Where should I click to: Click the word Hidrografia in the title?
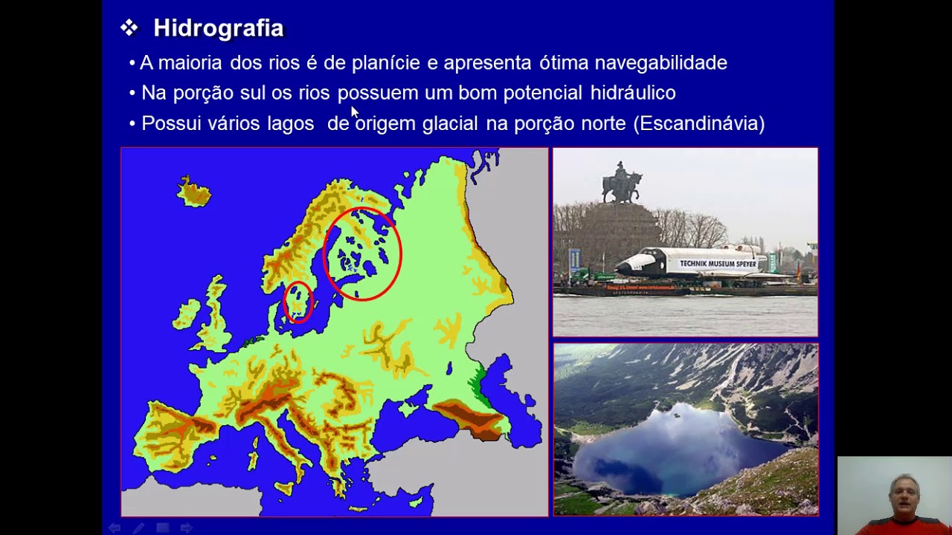coord(218,28)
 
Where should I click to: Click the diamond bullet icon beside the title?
coord(129,28)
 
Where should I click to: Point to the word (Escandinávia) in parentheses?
coord(698,123)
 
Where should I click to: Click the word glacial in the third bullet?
coord(451,123)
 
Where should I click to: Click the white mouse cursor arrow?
coord(355,111)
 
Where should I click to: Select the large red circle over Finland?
coord(363,253)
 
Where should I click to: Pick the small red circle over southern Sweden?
coord(298,302)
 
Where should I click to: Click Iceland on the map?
coord(194,192)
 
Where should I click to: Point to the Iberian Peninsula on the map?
coord(171,435)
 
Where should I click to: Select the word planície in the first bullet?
coord(385,63)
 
